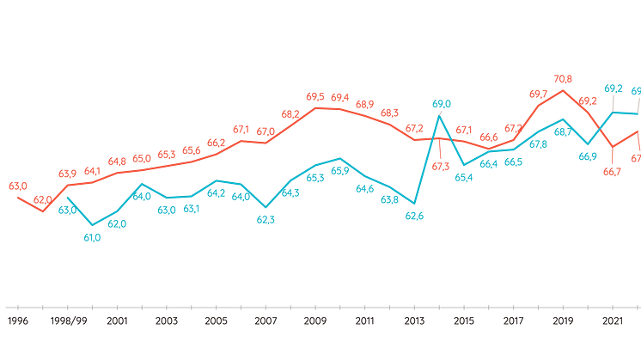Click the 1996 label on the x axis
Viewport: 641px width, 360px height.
[17, 321]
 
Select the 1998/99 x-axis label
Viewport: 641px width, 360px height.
[68, 321]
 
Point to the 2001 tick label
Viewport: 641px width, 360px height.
[118, 321]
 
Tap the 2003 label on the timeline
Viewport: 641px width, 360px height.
[167, 321]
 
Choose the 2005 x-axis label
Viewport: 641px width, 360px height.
[217, 321]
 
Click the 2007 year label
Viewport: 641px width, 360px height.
[266, 321]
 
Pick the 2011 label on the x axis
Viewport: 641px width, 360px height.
[365, 321]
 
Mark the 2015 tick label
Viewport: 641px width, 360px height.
[465, 321]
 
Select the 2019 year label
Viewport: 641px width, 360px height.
[564, 321]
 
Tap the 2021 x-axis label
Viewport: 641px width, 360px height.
[613, 321]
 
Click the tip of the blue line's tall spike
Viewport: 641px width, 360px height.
[440, 114]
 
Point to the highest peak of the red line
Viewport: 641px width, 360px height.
[564, 88]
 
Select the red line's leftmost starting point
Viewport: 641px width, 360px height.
[17, 196]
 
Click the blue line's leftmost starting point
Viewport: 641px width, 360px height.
[67, 197]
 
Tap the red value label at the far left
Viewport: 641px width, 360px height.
[17, 185]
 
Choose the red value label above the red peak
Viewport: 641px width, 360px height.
[564, 78]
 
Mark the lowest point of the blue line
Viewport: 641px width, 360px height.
[93, 227]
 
